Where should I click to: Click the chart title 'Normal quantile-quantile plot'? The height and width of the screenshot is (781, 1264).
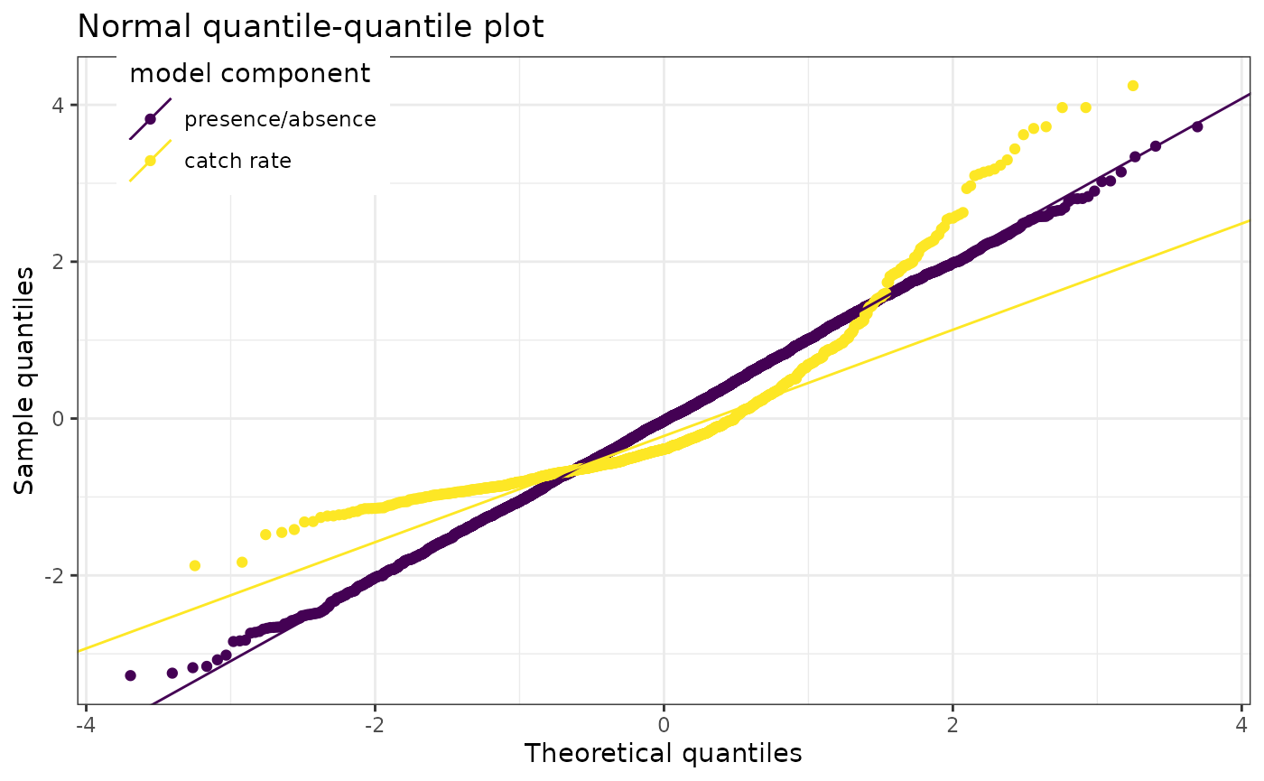pyautogui.click(x=311, y=26)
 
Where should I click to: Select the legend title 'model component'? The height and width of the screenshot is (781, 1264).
pyautogui.click(x=250, y=73)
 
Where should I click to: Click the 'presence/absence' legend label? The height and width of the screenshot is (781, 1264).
pyautogui.click(x=280, y=119)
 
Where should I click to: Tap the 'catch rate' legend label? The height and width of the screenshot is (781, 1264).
pyautogui.click(x=237, y=162)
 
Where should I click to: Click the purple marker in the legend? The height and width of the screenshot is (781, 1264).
pyautogui.click(x=150, y=119)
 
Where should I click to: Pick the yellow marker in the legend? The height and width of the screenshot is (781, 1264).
pyautogui.click(x=150, y=161)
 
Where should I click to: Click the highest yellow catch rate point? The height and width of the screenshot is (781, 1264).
pyautogui.click(x=1133, y=86)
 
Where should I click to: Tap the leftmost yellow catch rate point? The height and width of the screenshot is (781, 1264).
pyautogui.click(x=194, y=566)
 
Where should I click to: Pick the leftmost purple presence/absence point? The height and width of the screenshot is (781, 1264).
pyautogui.click(x=130, y=675)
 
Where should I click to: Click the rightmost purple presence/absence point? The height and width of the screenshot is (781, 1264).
pyautogui.click(x=1197, y=126)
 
